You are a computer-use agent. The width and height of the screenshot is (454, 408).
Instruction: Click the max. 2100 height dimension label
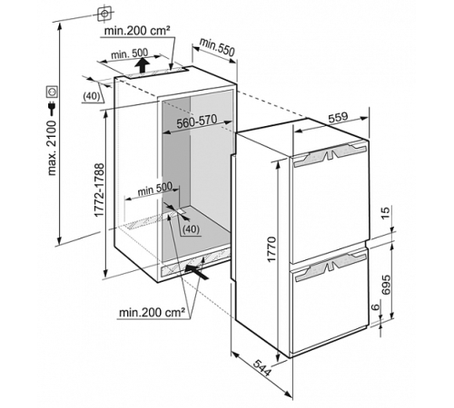pos(52,148)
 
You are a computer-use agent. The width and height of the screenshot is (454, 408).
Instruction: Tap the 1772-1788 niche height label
pos(99,189)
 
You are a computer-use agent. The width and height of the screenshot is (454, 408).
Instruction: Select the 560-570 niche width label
pos(197,121)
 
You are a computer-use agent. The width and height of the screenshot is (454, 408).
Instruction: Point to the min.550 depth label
pos(217,47)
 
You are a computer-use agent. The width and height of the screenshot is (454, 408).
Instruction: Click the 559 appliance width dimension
pos(339,118)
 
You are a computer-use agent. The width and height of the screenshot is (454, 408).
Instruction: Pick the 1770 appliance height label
pos(271,249)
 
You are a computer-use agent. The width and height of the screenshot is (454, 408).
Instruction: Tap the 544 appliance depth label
pos(262,367)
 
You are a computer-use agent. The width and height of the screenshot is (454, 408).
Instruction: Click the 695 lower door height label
pos(386,285)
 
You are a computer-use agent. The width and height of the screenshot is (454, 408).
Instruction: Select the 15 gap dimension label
pos(386,212)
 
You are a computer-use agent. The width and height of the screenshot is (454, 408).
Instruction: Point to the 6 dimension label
pos(375,306)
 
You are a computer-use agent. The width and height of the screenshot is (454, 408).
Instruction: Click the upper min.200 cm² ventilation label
pos(136,30)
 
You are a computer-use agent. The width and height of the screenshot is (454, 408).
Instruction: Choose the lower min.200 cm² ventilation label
pos(152,313)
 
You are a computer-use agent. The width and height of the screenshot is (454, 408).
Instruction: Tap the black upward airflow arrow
pos(142,65)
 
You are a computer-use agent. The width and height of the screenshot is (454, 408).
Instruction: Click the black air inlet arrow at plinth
pos(196,271)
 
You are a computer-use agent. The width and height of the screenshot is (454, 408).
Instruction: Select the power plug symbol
pos(52,108)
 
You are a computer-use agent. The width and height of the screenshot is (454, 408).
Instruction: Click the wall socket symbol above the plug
pos(52,92)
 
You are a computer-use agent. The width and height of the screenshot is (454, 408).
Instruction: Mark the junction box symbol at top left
pos(104,14)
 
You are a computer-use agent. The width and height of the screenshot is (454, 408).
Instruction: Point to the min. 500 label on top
pos(130,53)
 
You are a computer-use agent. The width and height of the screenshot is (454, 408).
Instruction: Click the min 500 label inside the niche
pos(154,189)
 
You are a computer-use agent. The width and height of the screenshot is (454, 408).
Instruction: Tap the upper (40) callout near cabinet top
pos(91,96)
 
